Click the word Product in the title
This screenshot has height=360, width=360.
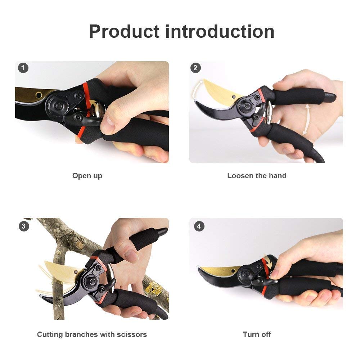click(x=124, y=32)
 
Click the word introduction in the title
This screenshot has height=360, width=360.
click(x=220, y=32)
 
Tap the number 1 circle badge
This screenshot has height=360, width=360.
click(x=23, y=68)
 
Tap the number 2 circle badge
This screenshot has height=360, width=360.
click(x=195, y=68)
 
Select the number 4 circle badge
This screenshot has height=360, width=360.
click(x=199, y=226)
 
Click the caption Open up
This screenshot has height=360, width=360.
click(x=87, y=176)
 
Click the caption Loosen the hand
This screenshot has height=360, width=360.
click(x=257, y=176)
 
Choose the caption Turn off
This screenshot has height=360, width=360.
click(x=257, y=334)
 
